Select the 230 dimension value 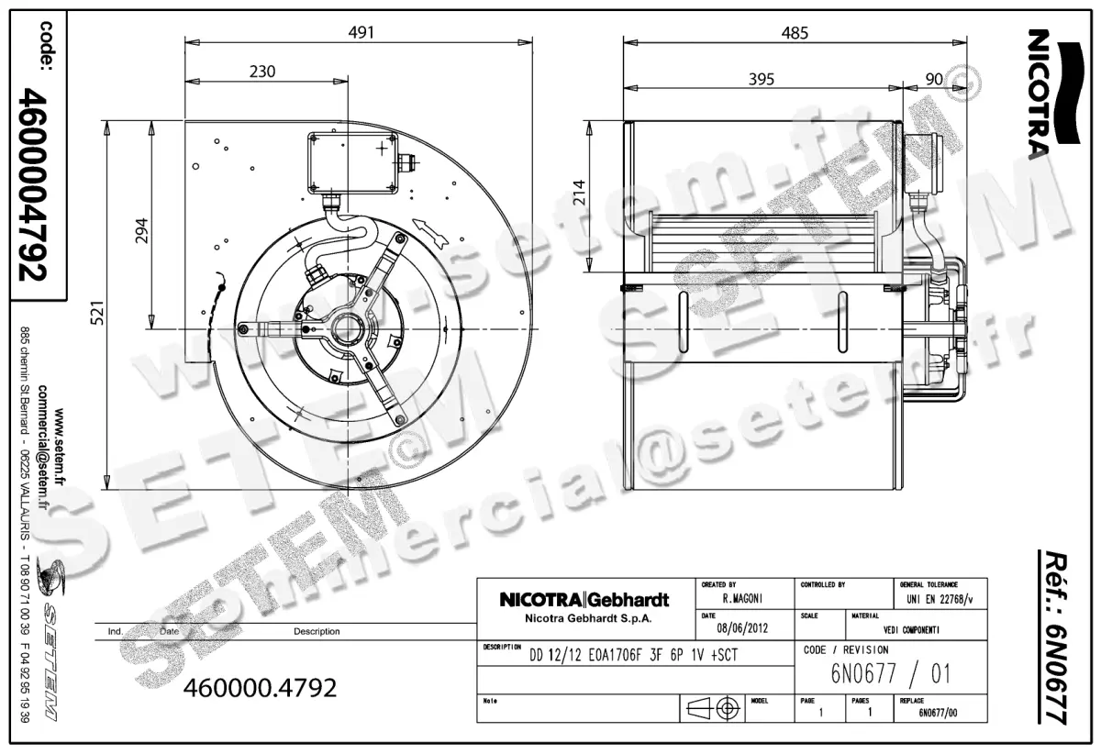point(261,71)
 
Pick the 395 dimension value point(762,79)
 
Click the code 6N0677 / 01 point(890,675)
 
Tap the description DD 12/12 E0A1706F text point(633,656)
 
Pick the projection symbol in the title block point(713,708)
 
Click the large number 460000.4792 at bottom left point(261,687)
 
